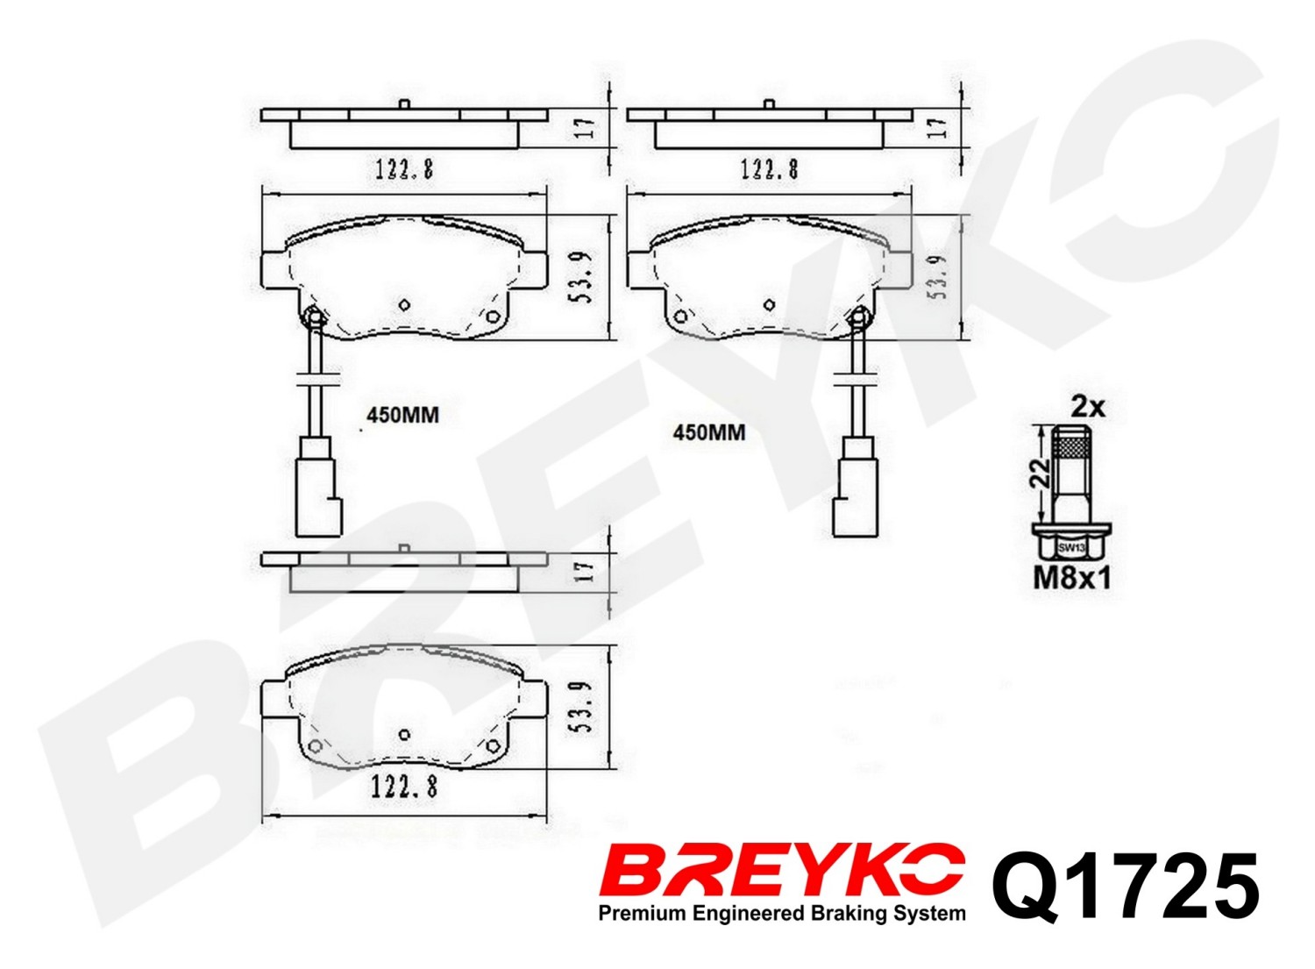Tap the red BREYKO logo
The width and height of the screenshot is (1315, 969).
(781, 881)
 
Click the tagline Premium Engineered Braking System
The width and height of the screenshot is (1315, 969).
(781, 914)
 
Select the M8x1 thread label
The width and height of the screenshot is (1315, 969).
(1072, 580)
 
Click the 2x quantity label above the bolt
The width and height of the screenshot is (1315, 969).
(1088, 407)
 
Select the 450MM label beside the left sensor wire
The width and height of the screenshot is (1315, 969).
(402, 416)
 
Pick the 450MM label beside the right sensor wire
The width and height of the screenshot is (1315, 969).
(709, 433)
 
